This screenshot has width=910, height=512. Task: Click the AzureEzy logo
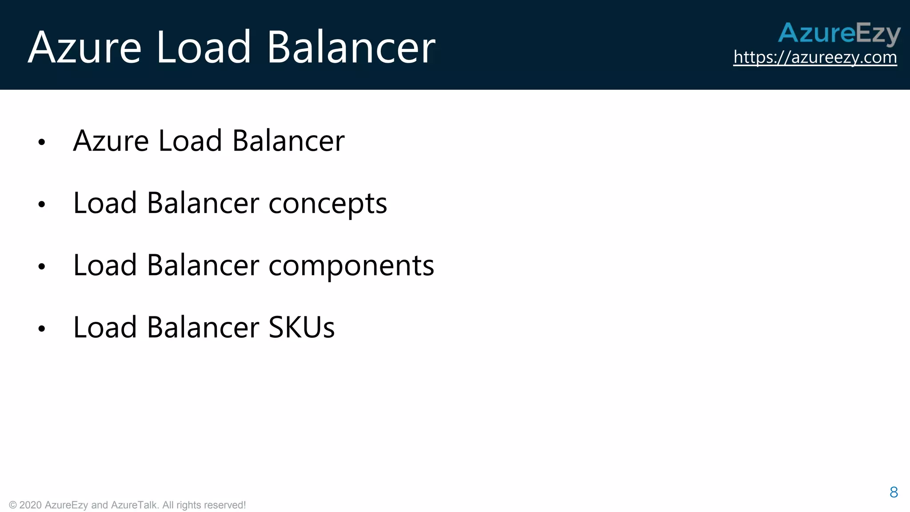[839, 33]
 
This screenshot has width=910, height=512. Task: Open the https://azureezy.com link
[815, 57]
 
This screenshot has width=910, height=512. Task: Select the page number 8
[894, 492]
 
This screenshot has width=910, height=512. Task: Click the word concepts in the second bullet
[327, 204]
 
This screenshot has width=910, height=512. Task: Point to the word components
[351, 266]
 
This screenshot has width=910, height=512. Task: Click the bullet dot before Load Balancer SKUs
[42, 329]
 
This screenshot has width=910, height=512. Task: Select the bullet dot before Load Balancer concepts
[42, 204]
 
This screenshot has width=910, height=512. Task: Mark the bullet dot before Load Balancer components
[42, 267]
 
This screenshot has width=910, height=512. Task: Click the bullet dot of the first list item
[42, 142]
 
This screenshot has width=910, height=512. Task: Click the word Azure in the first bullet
[111, 141]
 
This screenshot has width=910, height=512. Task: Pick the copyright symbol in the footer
[13, 505]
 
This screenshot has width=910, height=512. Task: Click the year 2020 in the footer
[31, 505]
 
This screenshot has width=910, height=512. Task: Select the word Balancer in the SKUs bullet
[203, 328]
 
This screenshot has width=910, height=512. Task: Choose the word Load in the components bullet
[105, 265]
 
